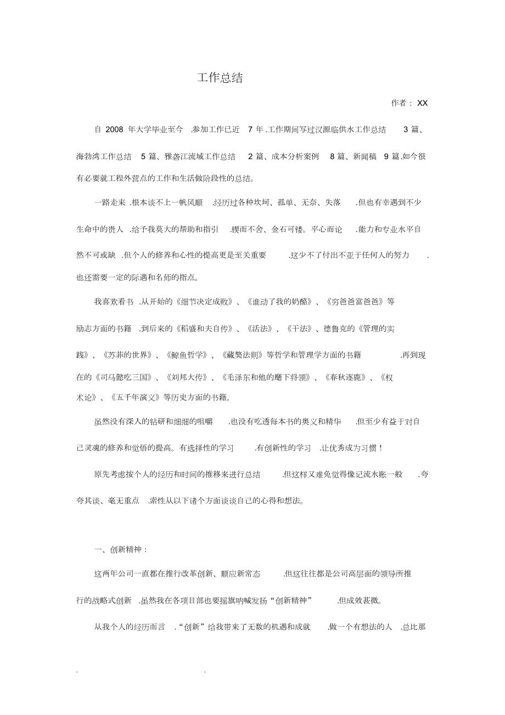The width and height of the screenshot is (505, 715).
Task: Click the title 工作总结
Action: tap(220, 78)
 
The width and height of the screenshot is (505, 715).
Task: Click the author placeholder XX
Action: tap(422, 103)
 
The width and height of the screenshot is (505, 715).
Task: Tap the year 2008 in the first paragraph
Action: tap(114, 130)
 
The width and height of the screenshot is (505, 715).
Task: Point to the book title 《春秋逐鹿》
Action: tap(344, 378)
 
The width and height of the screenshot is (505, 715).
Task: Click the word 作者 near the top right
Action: tap(399, 103)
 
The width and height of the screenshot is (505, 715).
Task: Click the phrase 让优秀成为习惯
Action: tap(351, 448)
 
